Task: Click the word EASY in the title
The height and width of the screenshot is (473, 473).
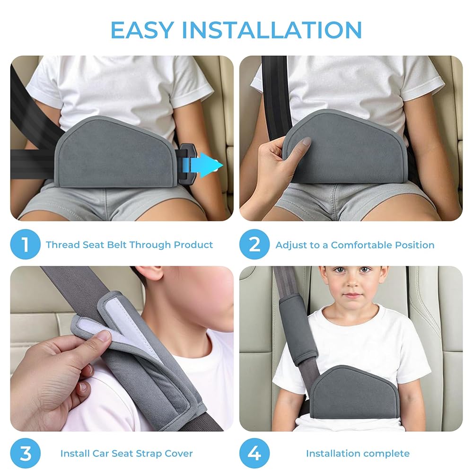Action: [142, 30]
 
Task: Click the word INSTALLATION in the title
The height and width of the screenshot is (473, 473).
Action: [272, 30]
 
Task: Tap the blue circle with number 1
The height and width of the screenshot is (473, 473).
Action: [26, 244]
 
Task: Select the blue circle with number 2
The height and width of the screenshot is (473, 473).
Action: [254, 244]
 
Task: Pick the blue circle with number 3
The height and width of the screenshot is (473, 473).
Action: [26, 453]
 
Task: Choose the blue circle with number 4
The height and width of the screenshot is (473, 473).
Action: [254, 453]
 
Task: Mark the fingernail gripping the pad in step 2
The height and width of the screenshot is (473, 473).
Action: [306, 141]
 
